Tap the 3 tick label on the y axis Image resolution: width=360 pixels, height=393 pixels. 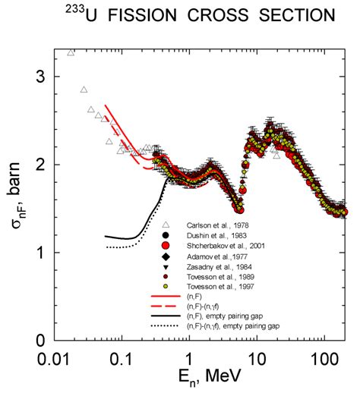(43, 77)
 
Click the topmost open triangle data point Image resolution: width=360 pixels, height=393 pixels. (71, 52)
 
